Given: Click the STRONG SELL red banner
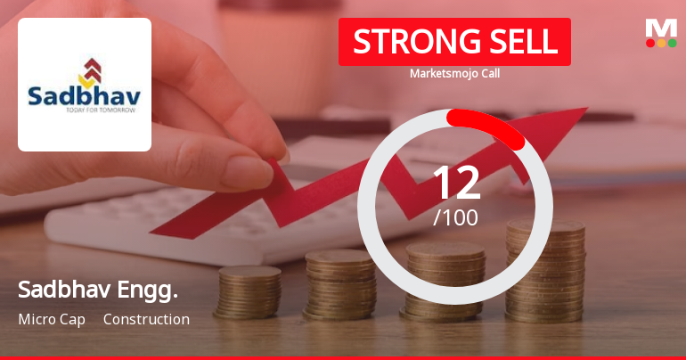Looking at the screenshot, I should (454, 42).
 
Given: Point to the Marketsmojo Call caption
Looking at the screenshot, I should (454, 74).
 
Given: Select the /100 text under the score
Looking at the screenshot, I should (455, 217).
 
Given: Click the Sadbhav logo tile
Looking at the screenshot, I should (85, 85).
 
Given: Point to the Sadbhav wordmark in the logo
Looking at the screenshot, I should (84, 95).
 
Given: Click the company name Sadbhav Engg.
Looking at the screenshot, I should (98, 290).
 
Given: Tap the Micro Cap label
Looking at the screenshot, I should (52, 319).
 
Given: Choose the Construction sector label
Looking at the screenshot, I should (146, 319).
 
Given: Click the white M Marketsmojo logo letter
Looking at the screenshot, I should (661, 28).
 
